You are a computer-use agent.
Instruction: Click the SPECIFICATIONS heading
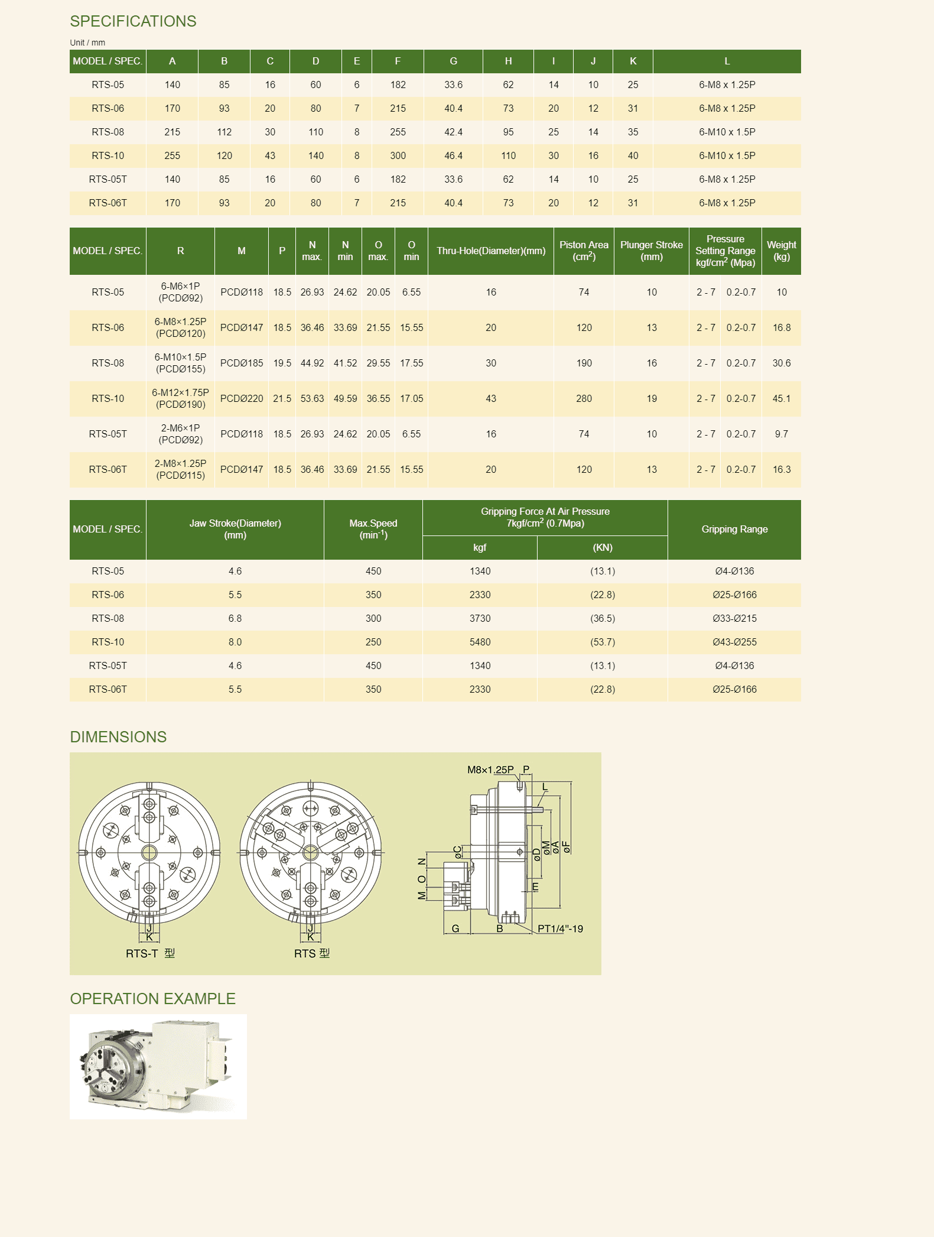(133, 21)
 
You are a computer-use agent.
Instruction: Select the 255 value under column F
(398, 132)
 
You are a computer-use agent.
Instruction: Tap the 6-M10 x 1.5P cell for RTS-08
(727, 132)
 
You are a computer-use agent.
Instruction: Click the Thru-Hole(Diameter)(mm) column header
(491, 251)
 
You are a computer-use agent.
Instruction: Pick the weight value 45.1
(781, 399)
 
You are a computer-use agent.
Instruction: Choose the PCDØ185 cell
(242, 363)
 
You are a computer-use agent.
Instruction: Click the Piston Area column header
(584, 251)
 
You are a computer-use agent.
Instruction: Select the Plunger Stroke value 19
(652, 399)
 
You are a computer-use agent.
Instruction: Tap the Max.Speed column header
(373, 529)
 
